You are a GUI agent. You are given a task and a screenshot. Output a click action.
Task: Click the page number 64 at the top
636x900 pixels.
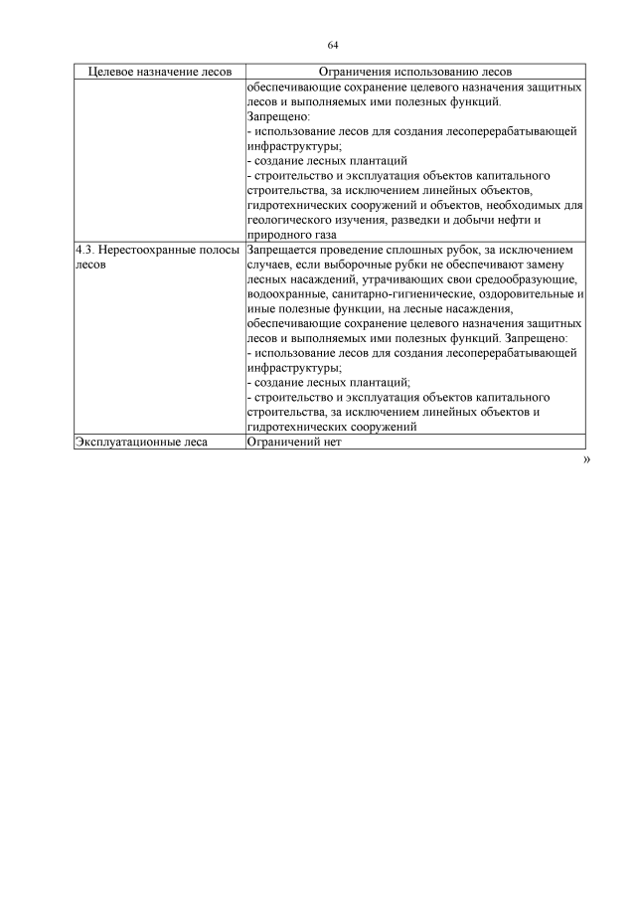point(333,45)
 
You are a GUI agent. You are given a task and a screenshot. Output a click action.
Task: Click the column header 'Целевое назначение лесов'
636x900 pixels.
point(159,73)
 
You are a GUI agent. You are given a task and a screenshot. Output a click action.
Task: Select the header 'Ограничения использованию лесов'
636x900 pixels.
point(414,73)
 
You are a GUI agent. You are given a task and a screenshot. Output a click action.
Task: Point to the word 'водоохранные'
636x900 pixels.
point(287,296)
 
